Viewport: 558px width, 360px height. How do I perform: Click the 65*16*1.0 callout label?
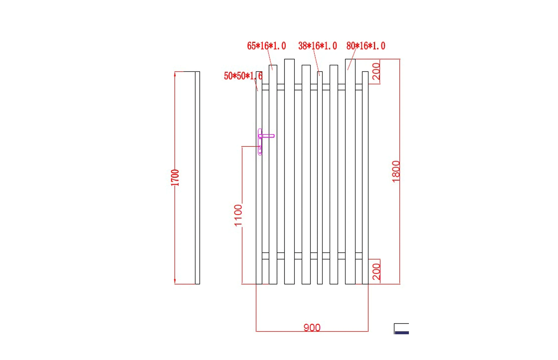click(266, 46)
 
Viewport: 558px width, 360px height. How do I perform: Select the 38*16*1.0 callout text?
click(317, 46)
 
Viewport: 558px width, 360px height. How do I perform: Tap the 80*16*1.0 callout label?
click(366, 46)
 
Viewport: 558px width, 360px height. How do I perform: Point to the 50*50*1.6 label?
click(243, 76)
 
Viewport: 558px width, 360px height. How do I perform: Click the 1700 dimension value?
click(175, 178)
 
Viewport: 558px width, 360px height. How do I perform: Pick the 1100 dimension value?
click(238, 216)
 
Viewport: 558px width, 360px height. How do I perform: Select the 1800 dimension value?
click(396, 171)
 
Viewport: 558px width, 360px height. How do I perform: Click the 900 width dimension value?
click(312, 327)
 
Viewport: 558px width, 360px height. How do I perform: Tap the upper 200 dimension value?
click(376, 72)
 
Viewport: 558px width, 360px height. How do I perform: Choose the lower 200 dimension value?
click(376, 272)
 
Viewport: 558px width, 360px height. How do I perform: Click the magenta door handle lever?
click(267, 136)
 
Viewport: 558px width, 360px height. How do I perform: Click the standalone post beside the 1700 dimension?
click(197, 178)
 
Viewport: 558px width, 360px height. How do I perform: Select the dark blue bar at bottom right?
click(402, 333)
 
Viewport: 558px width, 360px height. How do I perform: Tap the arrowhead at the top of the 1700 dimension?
click(175, 74)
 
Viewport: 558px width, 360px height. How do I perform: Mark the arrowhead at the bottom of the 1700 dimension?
click(175, 282)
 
